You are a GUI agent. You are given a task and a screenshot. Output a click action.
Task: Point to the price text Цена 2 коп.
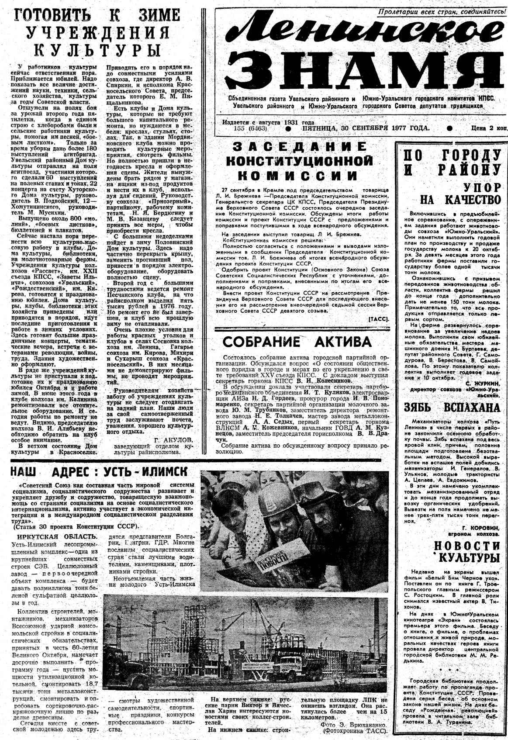(x=489, y=128)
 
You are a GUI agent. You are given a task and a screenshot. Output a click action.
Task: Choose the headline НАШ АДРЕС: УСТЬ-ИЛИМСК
(x=99, y=471)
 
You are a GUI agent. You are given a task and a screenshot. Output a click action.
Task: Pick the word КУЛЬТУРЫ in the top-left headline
(x=97, y=49)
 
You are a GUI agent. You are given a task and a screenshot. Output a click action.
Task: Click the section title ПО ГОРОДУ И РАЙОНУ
(x=452, y=162)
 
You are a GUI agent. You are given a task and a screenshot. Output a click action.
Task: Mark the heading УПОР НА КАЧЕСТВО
(x=460, y=194)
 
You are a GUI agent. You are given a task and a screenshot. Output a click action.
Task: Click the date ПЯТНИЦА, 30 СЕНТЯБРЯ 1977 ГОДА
(x=366, y=128)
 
